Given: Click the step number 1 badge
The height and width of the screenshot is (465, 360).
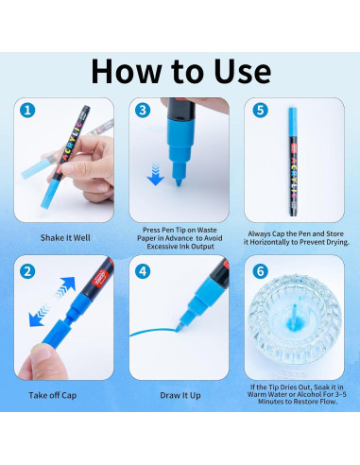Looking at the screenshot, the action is [x=27, y=111].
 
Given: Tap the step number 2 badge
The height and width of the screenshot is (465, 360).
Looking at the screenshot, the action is [x=27, y=271].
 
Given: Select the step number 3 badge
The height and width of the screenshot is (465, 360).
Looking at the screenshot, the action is [x=143, y=111].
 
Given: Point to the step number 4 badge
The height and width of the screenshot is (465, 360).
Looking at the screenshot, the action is [x=143, y=271].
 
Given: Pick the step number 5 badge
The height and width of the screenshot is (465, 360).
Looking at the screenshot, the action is [x=261, y=111].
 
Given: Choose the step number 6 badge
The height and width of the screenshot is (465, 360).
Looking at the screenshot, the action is [x=261, y=271].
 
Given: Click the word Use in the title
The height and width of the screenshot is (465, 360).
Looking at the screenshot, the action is [x=243, y=72].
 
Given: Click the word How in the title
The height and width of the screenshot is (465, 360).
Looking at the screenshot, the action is [x=127, y=72].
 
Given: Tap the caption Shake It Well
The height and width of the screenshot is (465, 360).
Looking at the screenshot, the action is [x=65, y=238].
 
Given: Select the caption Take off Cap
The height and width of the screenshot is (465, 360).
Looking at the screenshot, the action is [x=53, y=395].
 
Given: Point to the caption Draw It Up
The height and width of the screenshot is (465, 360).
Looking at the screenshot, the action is [x=180, y=395].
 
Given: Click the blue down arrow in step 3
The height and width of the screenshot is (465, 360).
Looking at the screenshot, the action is [x=155, y=174].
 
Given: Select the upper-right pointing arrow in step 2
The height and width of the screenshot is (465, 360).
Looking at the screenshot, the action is [x=65, y=287].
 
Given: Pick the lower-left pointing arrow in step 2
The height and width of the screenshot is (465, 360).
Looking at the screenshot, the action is [x=40, y=316].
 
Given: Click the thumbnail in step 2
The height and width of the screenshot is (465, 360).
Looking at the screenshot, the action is [x=41, y=353].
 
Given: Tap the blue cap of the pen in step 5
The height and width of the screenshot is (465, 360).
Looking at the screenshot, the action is [x=293, y=123].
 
